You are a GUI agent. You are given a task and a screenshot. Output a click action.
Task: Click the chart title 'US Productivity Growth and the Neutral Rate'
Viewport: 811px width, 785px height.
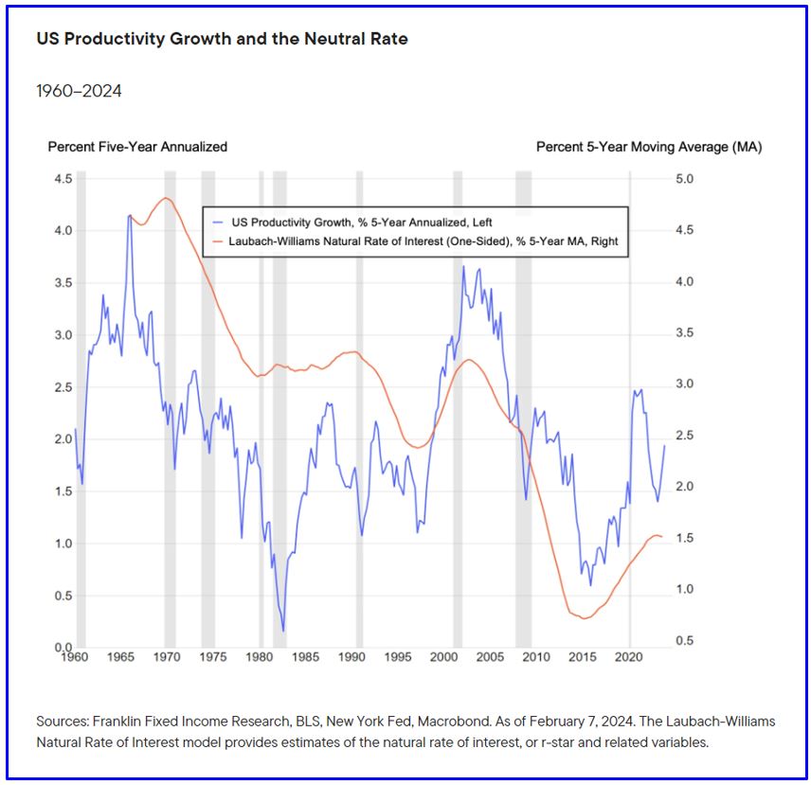(223, 41)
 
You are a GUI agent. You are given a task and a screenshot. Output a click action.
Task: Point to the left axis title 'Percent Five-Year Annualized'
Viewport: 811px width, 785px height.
(137, 147)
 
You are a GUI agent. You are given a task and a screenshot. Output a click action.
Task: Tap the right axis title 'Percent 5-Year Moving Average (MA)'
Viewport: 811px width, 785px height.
(649, 147)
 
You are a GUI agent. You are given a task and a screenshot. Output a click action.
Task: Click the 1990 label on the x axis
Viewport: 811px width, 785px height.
(352, 656)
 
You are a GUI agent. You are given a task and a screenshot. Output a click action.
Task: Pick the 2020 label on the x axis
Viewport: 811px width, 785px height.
(629, 656)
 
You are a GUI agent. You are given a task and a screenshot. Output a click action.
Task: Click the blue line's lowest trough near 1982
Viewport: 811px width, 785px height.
(283, 631)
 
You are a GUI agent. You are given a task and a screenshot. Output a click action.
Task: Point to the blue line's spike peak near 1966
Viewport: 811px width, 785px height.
(130, 215)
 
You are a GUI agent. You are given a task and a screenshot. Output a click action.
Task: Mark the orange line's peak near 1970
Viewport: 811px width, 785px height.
(167, 198)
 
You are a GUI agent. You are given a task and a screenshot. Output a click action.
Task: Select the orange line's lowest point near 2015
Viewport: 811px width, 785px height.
(585, 618)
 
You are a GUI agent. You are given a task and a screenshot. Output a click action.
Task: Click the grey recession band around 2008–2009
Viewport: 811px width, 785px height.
(523, 407)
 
